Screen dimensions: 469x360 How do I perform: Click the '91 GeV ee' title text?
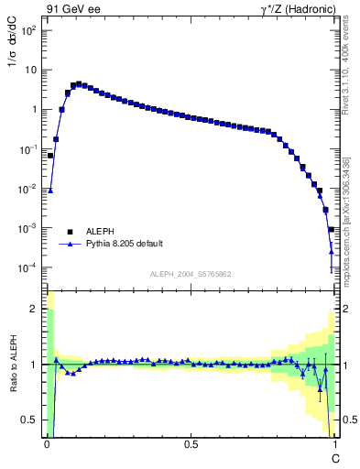coord(73,9)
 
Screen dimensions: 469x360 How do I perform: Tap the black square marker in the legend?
coord(71,232)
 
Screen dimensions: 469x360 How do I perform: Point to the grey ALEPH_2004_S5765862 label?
coord(191,275)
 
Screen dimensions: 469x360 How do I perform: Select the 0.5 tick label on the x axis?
coord(191,445)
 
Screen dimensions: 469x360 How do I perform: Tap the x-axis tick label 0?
coord(47,445)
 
